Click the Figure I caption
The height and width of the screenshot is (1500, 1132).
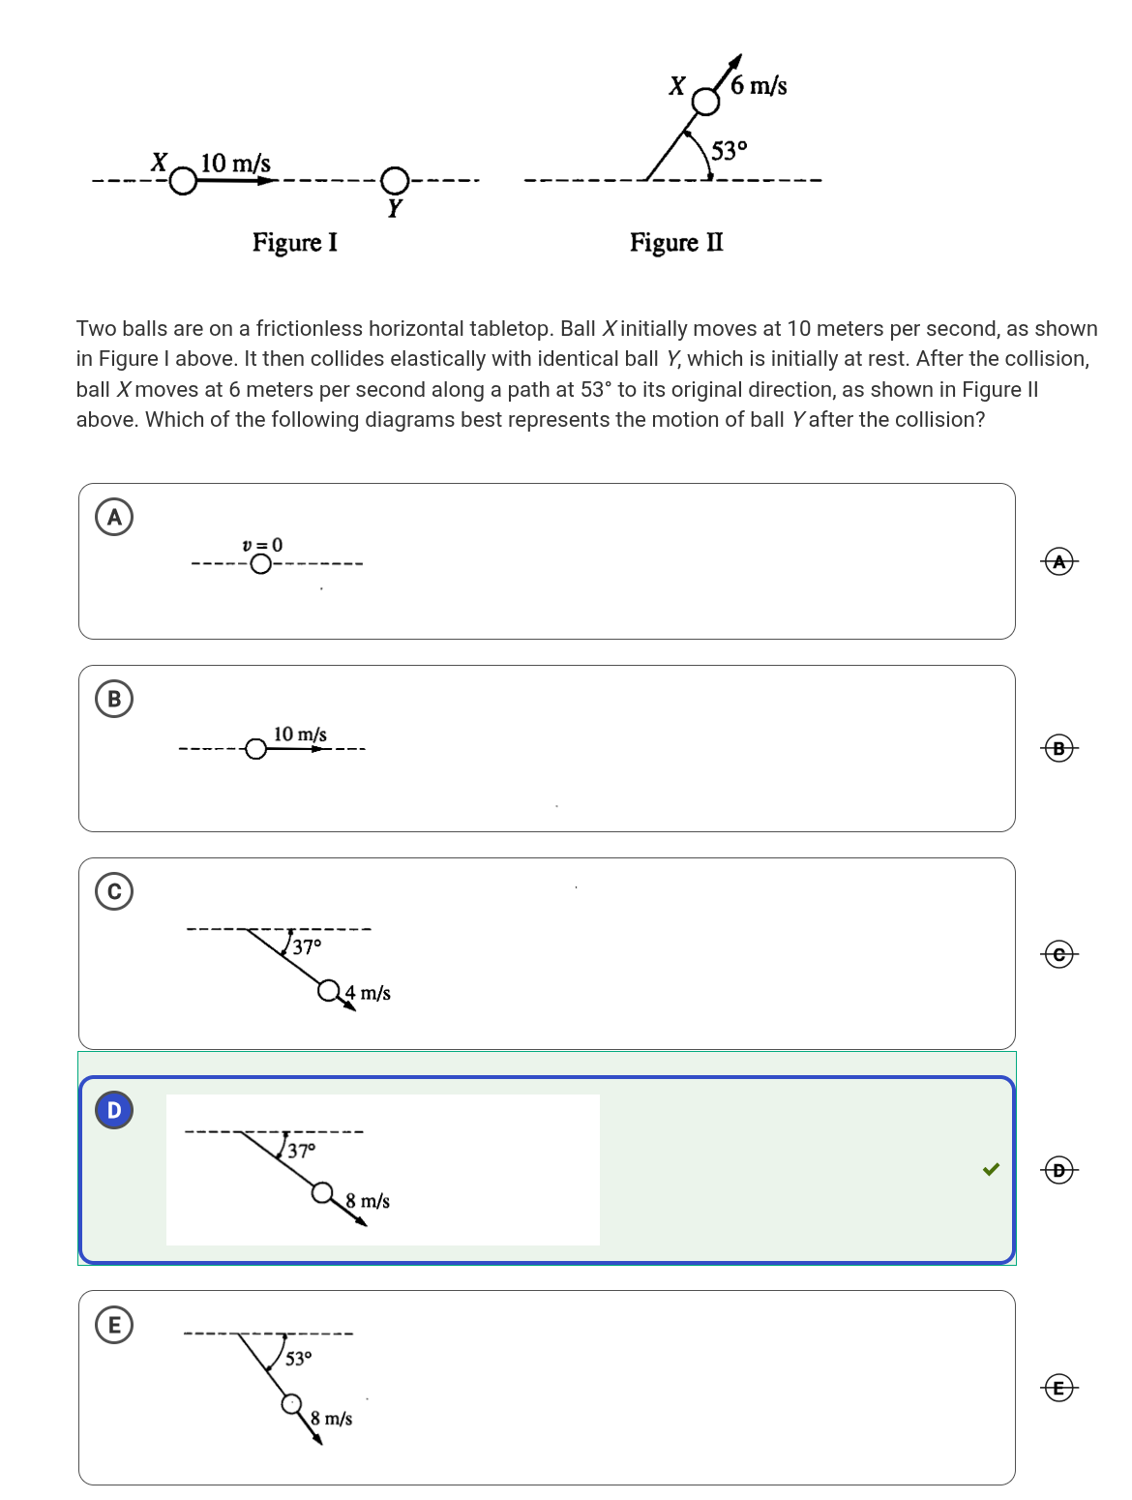tap(295, 242)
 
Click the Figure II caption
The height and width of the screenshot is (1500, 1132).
tap(676, 242)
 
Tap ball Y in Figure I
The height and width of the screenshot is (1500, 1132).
tap(394, 180)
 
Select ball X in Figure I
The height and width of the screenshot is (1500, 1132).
tap(183, 181)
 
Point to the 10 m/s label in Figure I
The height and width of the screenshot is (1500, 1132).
tap(235, 163)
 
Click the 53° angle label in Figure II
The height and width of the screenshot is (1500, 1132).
tap(729, 151)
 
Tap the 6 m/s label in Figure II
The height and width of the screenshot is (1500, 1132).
tap(759, 86)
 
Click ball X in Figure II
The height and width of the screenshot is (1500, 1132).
tap(706, 102)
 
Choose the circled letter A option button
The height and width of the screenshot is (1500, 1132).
tap(114, 517)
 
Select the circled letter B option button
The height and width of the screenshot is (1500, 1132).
tap(114, 699)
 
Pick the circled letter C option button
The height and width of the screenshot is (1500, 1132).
tap(114, 891)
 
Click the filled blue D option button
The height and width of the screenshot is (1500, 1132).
tap(114, 1110)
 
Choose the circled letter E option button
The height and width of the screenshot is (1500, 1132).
tap(114, 1325)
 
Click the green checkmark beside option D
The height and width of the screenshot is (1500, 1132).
tap(991, 1169)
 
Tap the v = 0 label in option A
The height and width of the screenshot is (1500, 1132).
tap(262, 545)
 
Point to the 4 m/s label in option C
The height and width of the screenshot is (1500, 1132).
tap(369, 993)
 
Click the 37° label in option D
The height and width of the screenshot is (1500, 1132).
tap(301, 1151)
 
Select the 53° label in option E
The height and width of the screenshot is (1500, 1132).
tap(298, 1359)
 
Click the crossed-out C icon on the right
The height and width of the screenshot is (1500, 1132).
tap(1059, 954)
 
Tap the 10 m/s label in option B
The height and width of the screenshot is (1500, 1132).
tap(300, 735)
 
